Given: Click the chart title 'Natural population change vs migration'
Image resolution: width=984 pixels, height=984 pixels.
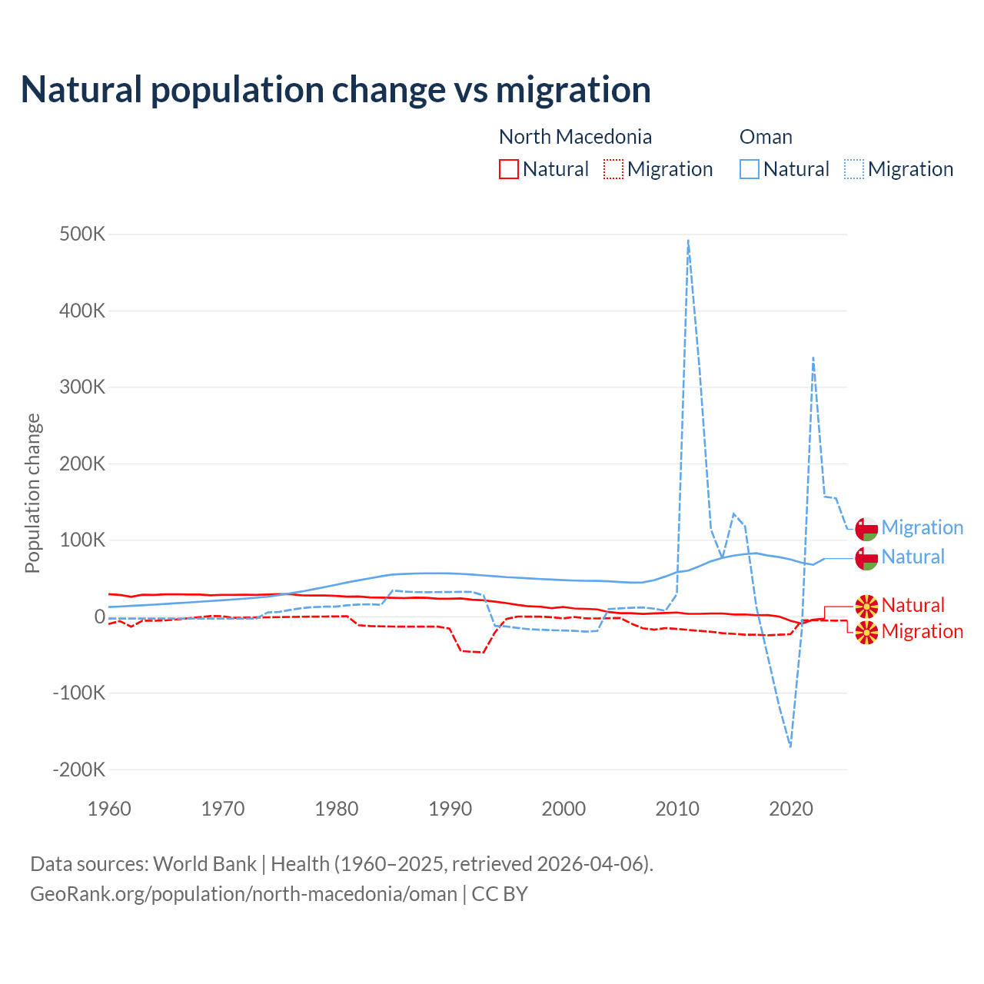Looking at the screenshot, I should coord(336,90).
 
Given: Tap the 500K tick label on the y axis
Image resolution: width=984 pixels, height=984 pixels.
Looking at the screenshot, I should coord(82,234).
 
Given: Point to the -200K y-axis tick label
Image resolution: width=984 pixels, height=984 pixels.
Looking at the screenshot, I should coord(79,770).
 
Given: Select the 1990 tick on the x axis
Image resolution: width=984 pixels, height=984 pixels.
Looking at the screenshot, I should coord(450,809).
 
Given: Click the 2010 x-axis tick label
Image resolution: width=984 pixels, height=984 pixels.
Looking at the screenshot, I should coord(677,809).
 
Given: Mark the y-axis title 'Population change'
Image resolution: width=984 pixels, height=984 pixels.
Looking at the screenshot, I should coord(32,493).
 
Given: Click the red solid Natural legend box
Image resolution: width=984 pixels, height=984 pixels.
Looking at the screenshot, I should coord(509,169).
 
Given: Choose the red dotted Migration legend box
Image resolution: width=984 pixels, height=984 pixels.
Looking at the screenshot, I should coord(613,169).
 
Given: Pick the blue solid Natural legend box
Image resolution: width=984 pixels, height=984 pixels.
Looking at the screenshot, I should coord(750,169).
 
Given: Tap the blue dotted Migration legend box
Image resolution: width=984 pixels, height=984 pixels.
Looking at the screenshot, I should coord(854,169).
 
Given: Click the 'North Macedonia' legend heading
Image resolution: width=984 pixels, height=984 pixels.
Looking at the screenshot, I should coord(575,137).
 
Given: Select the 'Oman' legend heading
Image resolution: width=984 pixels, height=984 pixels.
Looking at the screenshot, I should coord(766,137).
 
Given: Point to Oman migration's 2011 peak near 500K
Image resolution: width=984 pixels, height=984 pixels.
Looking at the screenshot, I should coord(688,241).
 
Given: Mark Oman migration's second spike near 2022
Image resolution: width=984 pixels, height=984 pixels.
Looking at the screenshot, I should coord(813,358).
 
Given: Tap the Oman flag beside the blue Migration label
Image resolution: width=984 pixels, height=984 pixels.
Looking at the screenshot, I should coord(866,530).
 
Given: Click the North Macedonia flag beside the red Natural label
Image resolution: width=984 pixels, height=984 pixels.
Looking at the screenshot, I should coord(866,606).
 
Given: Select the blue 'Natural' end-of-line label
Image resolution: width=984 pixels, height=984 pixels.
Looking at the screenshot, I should coord(913,557).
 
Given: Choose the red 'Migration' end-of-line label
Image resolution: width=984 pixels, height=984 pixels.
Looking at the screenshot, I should coord(922,631).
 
